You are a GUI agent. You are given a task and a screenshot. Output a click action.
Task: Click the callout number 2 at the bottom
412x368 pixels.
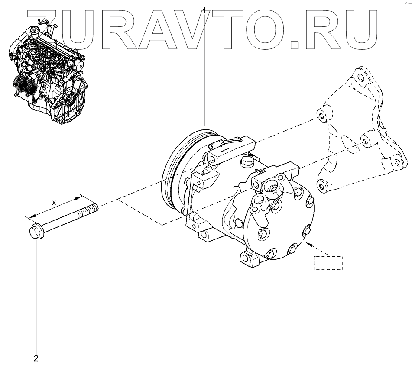pos(36,358)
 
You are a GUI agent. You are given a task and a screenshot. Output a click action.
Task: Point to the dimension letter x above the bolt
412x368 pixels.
pos(54,202)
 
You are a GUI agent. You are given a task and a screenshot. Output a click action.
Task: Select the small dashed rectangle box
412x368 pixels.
pos(328,263)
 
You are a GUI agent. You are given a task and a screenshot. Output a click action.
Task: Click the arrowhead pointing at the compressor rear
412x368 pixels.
pos(308,245)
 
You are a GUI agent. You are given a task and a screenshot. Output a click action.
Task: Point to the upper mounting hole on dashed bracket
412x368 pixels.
pos(319,116)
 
